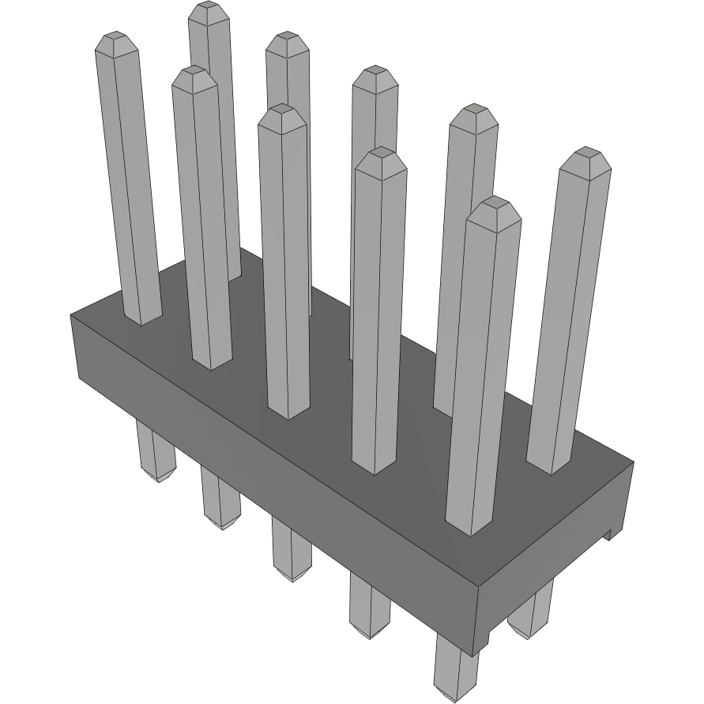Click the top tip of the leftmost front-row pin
pyautogui.click(x=115, y=37)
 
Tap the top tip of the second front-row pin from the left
pyautogui.click(x=194, y=73)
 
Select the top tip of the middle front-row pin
pyautogui.click(x=281, y=111)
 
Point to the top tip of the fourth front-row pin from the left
pyautogui.click(x=380, y=153)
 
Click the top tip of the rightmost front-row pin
pyautogui.click(x=494, y=203)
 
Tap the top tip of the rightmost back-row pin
pyautogui.click(x=585, y=152)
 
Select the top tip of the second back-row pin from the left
pyautogui.click(x=286, y=37)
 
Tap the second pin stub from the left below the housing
pyautogui.click(x=219, y=498)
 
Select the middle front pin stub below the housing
pyautogui.click(x=292, y=550)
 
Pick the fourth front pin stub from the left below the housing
pyautogui.click(x=370, y=606)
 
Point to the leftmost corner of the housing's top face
pyautogui.click(x=71, y=314)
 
